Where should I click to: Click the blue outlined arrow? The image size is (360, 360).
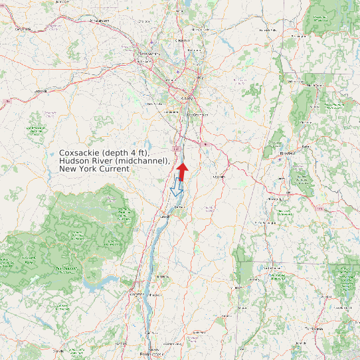pyautogui.click(x=176, y=187)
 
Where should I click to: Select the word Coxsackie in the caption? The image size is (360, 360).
pyautogui.click(x=82, y=153)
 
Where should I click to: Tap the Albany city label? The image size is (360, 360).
pyautogui.click(x=187, y=98)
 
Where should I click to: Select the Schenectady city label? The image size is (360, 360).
pyautogui.click(x=147, y=54)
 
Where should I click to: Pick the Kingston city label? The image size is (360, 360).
pyautogui.click(x=137, y=293)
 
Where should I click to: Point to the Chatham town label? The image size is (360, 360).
pyautogui.click(x=219, y=177)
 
